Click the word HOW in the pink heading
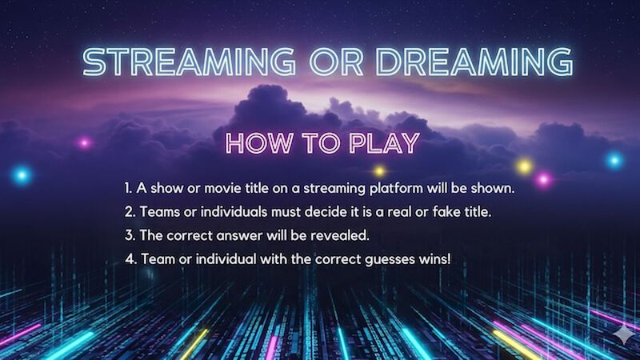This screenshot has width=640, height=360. click(255, 143)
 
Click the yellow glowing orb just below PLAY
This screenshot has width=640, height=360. click(380, 170)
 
